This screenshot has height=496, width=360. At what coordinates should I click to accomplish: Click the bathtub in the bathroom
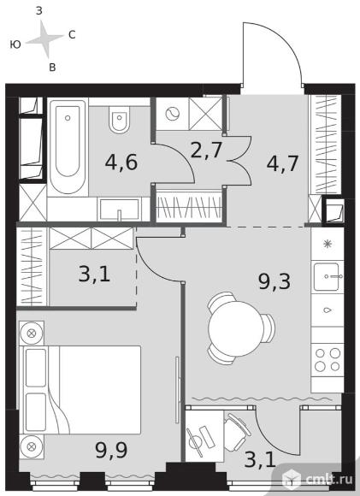pyautogui.click(x=68, y=147)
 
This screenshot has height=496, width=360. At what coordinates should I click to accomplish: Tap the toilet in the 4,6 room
pyautogui.click(x=120, y=120)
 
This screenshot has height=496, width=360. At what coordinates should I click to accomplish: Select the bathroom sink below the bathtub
pyautogui.click(x=119, y=210)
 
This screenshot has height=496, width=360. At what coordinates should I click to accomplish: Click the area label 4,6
pyautogui.click(x=121, y=162)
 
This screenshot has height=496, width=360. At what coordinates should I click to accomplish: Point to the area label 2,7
pyautogui.click(x=206, y=150)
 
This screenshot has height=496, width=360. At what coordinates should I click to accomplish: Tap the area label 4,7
pyautogui.click(x=282, y=163)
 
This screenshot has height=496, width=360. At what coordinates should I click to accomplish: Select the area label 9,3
pyautogui.click(x=274, y=281)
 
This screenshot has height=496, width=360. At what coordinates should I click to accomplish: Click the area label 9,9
pyautogui.click(x=111, y=450)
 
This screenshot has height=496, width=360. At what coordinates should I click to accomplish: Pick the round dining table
pyautogui.click(x=236, y=328)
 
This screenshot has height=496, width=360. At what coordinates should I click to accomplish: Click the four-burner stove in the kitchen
pyautogui.click(x=328, y=360)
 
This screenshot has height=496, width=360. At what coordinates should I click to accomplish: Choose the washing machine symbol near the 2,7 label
pyautogui.click(x=173, y=114)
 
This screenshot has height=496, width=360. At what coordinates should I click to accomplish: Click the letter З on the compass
pyautogui.click(x=39, y=11)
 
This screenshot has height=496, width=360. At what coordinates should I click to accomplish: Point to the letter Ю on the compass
pyautogui.click(x=15, y=44)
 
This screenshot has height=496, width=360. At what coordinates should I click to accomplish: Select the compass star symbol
pyautogui.click(x=45, y=38)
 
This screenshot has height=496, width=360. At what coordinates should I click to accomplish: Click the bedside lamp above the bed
pyautogui.click(x=31, y=334)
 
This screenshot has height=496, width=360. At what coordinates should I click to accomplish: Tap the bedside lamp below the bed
pyautogui.click(x=31, y=446)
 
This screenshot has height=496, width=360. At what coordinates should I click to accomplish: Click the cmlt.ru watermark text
pyautogui.click(x=329, y=479)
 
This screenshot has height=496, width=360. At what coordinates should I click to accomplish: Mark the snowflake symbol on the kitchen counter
pyautogui.click(x=328, y=244)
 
